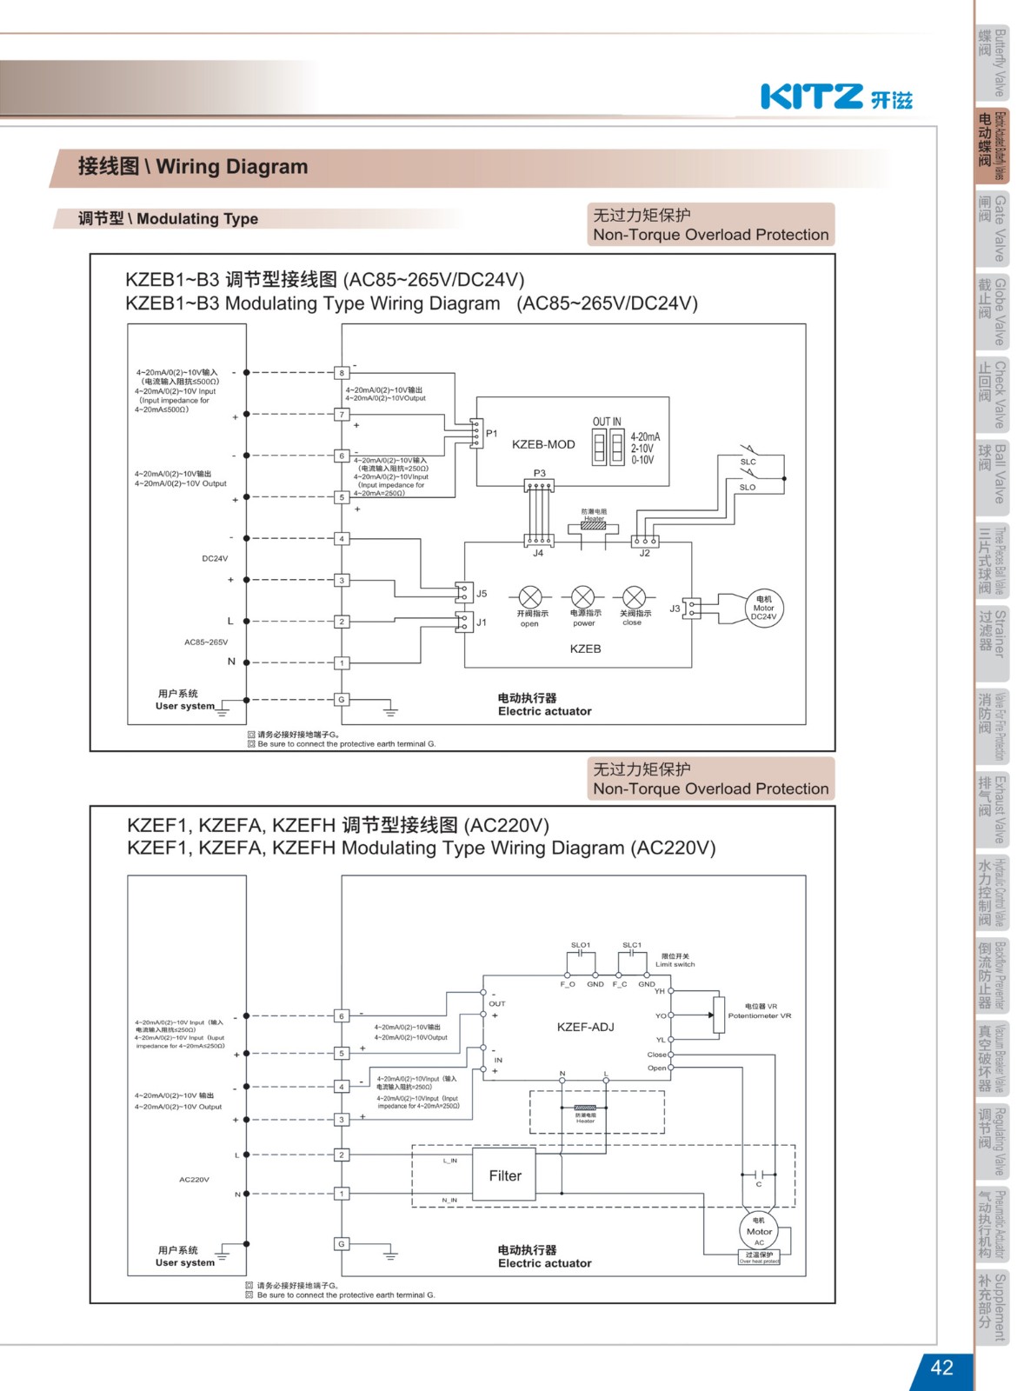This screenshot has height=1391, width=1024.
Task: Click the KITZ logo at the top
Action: tap(836, 97)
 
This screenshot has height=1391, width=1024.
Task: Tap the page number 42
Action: tap(941, 1368)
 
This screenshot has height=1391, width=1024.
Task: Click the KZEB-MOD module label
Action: tap(543, 444)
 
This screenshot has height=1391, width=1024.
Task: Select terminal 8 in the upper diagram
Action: tap(342, 373)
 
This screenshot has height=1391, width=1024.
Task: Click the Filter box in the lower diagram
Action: tap(505, 1175)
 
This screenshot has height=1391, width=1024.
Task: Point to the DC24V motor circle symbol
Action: tap(763, 608)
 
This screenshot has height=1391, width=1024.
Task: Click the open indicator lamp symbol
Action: tap(530, 597)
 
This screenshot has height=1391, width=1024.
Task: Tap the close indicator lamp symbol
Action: tap(635, 597)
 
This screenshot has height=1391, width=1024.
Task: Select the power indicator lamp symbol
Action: tap(582, 597)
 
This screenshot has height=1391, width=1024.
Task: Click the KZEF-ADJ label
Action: tap(585, 1027)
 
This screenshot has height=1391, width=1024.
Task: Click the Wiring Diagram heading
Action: tap(193, 166)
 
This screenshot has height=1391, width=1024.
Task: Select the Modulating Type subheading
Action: tap(168, 219)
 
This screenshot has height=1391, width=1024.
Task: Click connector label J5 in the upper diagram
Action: tap(482, 594)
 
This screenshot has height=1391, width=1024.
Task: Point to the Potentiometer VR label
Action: tap(760, 1015)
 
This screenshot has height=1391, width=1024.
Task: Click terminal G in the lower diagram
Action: tap(342, 1244)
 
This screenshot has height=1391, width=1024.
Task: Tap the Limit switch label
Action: tap(675, 964)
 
